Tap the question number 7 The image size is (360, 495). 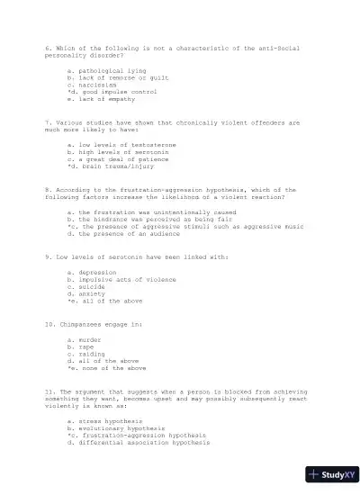coord(47,121)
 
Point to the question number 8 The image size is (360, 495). coord(47,190)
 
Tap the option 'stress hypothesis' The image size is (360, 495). coord(103,421)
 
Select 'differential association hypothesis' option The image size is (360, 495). coord(137,443)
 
